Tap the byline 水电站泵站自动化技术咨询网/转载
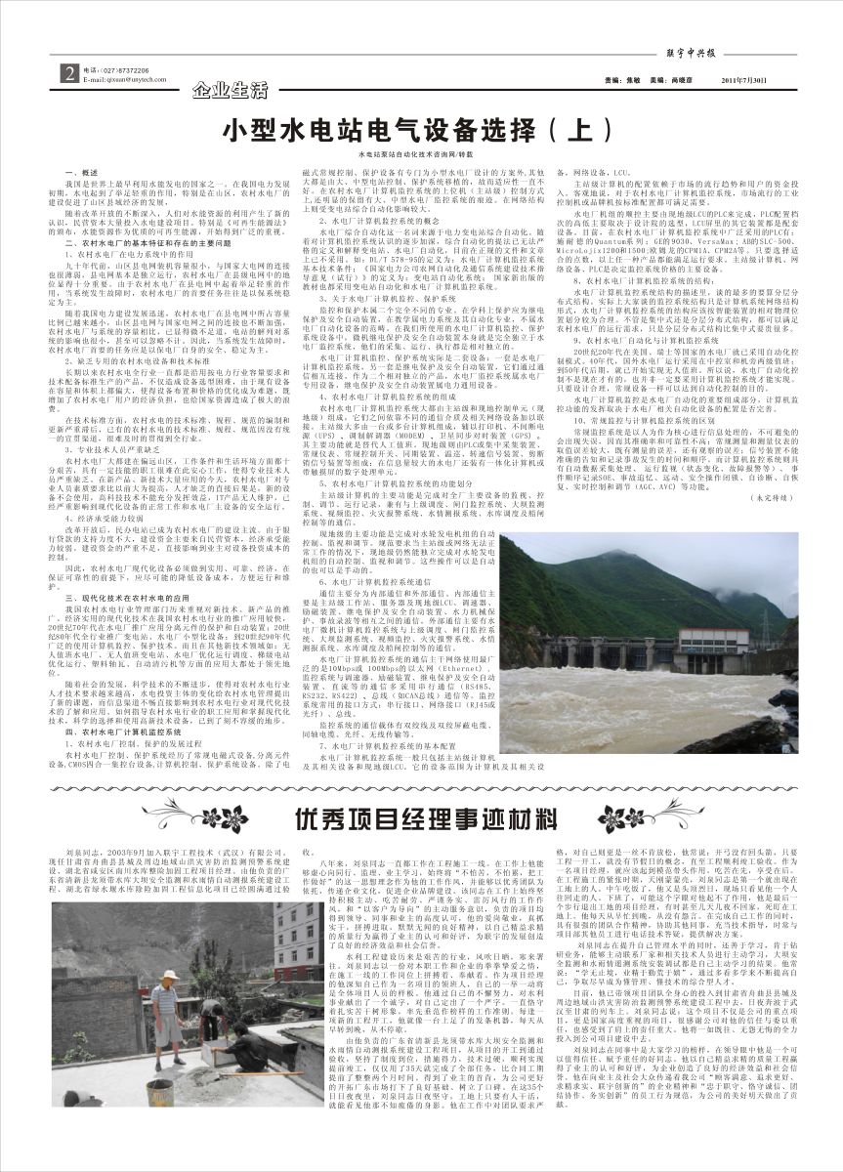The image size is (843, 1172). coord(414,154)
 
